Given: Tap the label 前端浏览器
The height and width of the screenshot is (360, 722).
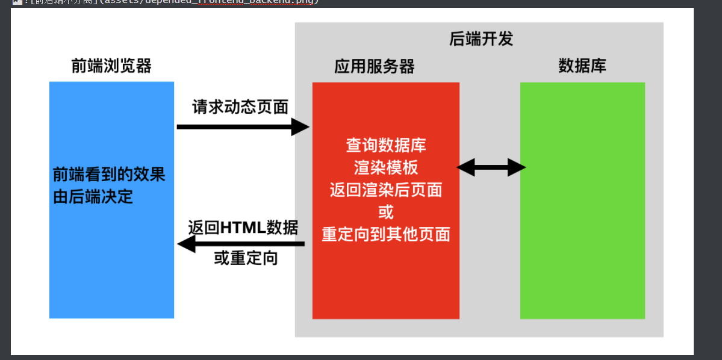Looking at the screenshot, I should coord(111,66).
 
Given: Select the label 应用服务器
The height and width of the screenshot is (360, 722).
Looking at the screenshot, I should coord(375,66).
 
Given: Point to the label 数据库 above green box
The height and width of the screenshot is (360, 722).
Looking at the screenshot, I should coord(582,66).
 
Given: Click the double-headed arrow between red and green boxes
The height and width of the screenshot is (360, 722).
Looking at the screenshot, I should coord(491,167).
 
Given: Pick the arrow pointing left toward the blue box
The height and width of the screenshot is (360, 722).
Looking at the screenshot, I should coord(241,244).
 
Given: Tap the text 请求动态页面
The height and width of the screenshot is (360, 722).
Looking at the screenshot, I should coord(240,107).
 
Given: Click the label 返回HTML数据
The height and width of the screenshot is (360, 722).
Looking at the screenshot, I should coord(243,228).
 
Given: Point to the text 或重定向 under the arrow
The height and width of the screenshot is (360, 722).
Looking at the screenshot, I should coord(246,259).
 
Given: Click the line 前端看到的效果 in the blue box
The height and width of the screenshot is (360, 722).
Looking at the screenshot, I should coord(109,175).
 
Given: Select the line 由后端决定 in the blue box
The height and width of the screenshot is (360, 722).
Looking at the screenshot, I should coord(93,197).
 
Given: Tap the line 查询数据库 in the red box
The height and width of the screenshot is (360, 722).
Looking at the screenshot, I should coord(386,145).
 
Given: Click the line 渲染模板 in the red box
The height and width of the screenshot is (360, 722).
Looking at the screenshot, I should coord(386,167).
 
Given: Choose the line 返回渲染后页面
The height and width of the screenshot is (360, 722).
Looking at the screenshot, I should coord(386,190).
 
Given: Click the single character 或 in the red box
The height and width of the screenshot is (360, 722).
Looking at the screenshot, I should coord(386,212).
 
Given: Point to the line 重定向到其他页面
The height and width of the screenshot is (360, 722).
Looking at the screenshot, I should coord(386,234).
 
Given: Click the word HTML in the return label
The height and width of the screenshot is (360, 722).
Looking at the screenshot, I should coord(243,228).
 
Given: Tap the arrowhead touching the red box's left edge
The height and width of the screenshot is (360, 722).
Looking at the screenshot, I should coord(300,127).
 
